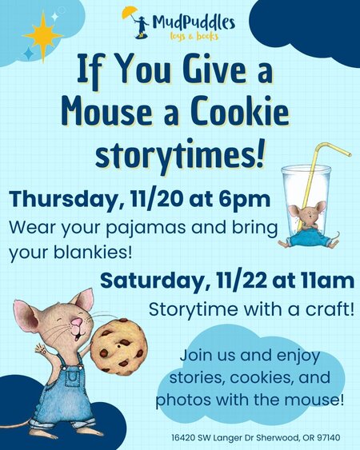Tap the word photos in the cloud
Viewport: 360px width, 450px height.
[x=182, y=397]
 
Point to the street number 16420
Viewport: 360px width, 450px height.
[x=185, y=439]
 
